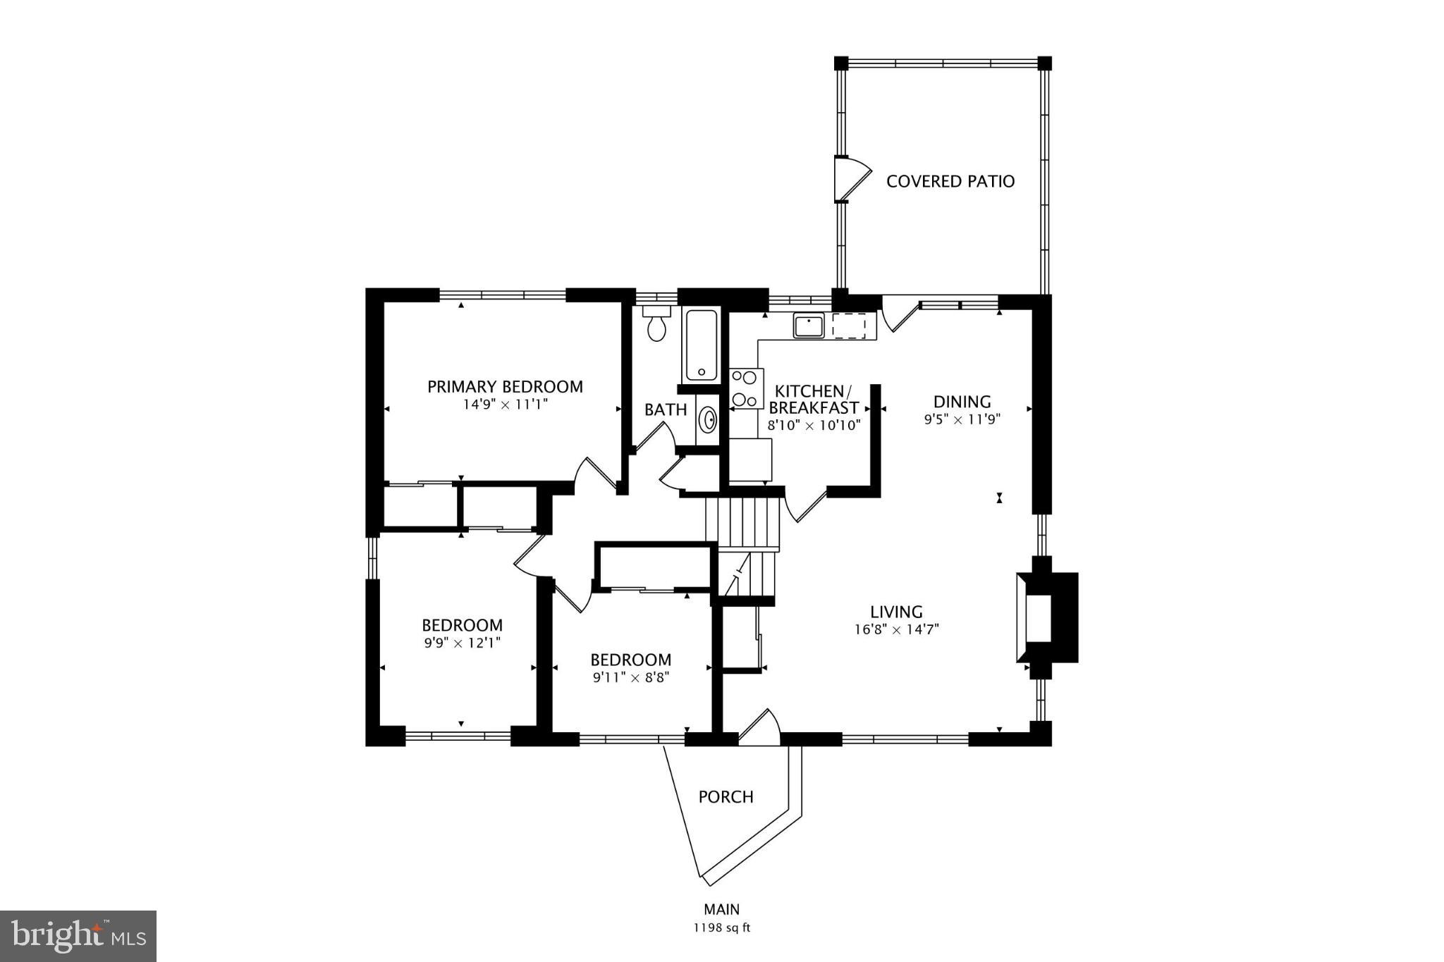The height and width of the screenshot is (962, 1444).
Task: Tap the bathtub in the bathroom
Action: [x=700, y=345]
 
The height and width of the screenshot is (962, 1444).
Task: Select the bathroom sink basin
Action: [x=707, y=421]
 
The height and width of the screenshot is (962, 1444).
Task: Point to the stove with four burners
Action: [x=746, y=388]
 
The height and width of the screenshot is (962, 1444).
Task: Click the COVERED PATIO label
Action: [x=950, y=182]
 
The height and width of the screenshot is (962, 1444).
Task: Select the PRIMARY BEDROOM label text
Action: [x=505, y=387]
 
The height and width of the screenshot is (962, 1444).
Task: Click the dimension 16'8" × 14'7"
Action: [x=896, y=629]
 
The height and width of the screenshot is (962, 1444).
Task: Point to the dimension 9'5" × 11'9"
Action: [x=962, y=419]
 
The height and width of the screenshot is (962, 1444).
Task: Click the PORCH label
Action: [x=726, y=797]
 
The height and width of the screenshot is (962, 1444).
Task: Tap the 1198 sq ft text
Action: [x=721, y=928]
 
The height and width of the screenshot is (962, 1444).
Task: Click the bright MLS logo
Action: [x=78, y=936]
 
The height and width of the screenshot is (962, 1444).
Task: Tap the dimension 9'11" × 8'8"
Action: [x=630, y=678]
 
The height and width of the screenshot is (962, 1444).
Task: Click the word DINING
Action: [x=962, y=402]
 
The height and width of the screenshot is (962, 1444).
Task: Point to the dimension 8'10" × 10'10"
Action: [x=814, y=426]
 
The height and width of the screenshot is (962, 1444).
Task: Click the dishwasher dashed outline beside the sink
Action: [x=849, y=326]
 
